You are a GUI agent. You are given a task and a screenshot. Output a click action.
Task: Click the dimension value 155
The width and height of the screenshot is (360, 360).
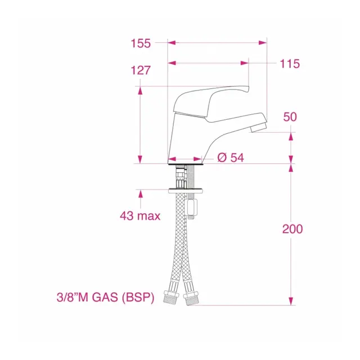pyautogui.click(x=141, y=43)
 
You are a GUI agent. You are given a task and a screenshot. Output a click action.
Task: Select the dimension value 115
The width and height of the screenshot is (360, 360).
pyautogui.click(x=290, y=64)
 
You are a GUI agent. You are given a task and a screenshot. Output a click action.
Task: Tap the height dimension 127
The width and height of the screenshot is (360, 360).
pyautogui.click(x=141, y=70)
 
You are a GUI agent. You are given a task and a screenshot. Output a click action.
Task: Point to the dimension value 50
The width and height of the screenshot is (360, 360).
pyautogui.click(x=290, y=117)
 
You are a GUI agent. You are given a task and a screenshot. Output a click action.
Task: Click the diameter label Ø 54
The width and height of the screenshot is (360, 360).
pyautogui.click(x=231, y=157)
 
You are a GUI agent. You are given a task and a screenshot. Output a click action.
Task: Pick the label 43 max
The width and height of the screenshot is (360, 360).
pyautogui.click(x=140, y=216)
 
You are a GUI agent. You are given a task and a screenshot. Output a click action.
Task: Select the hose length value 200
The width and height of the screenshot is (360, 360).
pyautogui.click(x=292, y=229)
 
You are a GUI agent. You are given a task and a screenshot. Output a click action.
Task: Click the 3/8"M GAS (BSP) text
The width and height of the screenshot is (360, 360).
pyautogui.click(x=105, y=298)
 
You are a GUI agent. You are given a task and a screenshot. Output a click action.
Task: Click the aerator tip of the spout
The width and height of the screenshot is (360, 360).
pyautogui.click(x=258, y=127)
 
